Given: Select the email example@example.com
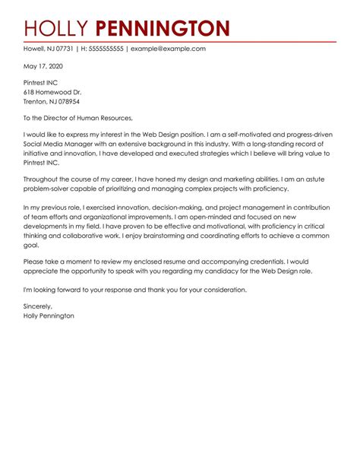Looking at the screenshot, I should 168,49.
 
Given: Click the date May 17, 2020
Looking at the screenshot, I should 43,66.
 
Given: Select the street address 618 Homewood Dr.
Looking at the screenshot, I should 52,92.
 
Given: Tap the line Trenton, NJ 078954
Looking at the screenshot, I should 52,101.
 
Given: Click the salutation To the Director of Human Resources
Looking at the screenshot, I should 78,118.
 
